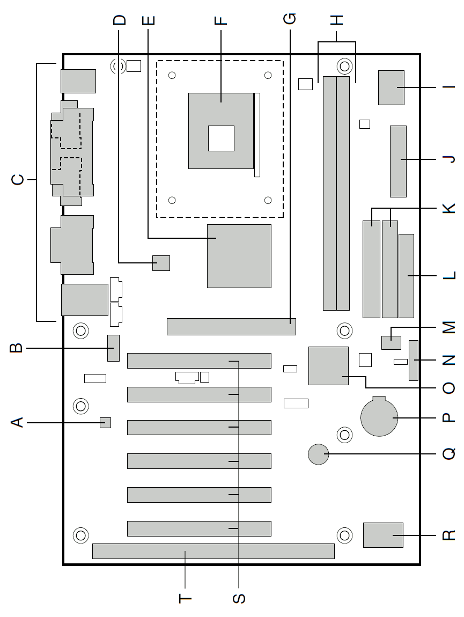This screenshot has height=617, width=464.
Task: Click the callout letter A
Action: [x=17, y=423]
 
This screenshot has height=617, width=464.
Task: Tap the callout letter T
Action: [x=185, y=599]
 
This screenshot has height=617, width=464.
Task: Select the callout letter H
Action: [x=337, y=20]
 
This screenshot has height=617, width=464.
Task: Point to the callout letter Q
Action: [x=449, y=454]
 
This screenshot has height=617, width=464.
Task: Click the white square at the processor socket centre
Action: [x=221, y=138]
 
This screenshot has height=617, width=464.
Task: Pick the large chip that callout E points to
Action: [x=239, y=256]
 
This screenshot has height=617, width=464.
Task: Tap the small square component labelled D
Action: [x=161, y=263]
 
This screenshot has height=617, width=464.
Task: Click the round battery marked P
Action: [x=379, y=417]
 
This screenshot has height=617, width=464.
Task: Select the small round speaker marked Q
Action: [x=319, y=454]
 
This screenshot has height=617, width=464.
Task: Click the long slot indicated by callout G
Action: [x=231, y=327]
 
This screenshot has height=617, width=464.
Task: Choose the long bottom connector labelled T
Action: [x=213, y=552]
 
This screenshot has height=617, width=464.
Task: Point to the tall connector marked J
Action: [x=398, y=161]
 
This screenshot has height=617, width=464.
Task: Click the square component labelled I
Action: [x=391, y=88]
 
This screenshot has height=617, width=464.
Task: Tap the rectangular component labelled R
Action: [x=383, y=535]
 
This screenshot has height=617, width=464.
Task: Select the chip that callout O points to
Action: [x=329, y=365]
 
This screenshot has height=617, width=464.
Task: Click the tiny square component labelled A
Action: [x=105, y=423]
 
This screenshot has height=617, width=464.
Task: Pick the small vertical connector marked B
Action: [x=113, y=348]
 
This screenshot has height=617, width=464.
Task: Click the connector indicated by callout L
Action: [x=406, y=276]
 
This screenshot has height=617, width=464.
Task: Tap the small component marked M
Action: [x=391, y=343]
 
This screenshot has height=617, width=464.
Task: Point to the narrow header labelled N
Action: [x=413, y=361]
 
